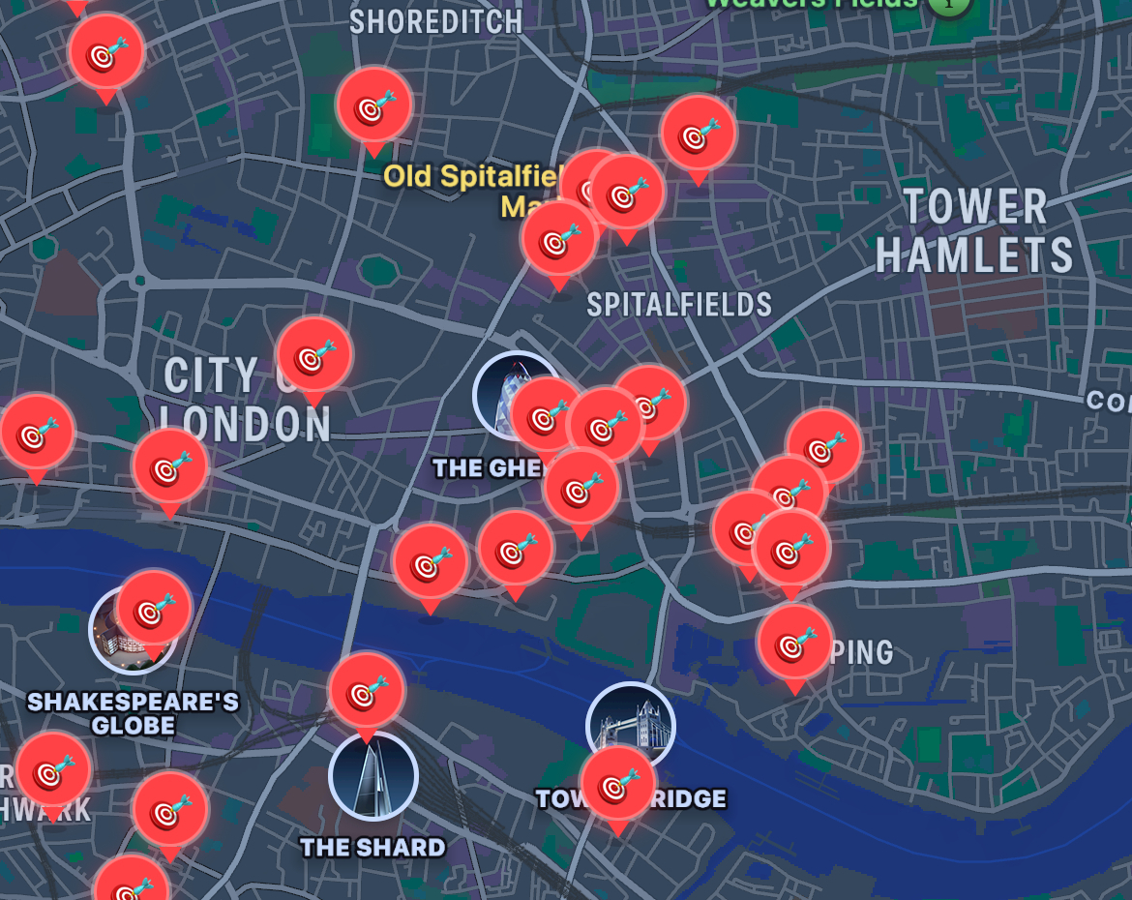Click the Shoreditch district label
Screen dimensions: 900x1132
[x=435, y=21]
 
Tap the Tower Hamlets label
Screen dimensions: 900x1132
[x=974, y=231]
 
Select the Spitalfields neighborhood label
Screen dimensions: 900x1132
[x=679, y=305]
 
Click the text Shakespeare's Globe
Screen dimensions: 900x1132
[x=133, y=713]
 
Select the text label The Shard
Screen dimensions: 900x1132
[x=372, y=848]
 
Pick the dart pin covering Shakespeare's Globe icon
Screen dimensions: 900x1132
[x=153, y=609]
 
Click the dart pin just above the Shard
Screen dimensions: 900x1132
[x=367, y=691]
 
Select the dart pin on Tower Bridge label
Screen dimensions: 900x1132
[x=617, y=785]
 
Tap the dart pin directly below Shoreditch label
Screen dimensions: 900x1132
[x=374, y=105]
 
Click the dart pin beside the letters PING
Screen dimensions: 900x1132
[x=794, y=642]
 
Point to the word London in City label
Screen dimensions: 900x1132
[x=246, y=425]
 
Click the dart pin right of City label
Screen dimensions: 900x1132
[x=314, y=355]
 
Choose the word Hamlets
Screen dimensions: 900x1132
[x=974, y=255]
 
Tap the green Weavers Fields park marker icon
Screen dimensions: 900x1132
[x=950, y=4]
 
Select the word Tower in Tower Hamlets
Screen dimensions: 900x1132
[x=975, y=207]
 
